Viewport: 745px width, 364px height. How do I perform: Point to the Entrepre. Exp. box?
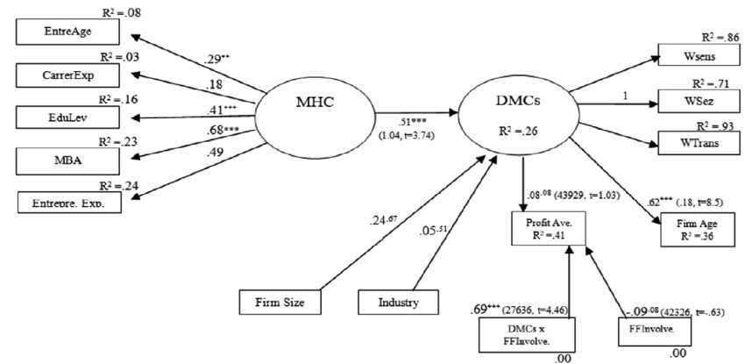70,202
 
